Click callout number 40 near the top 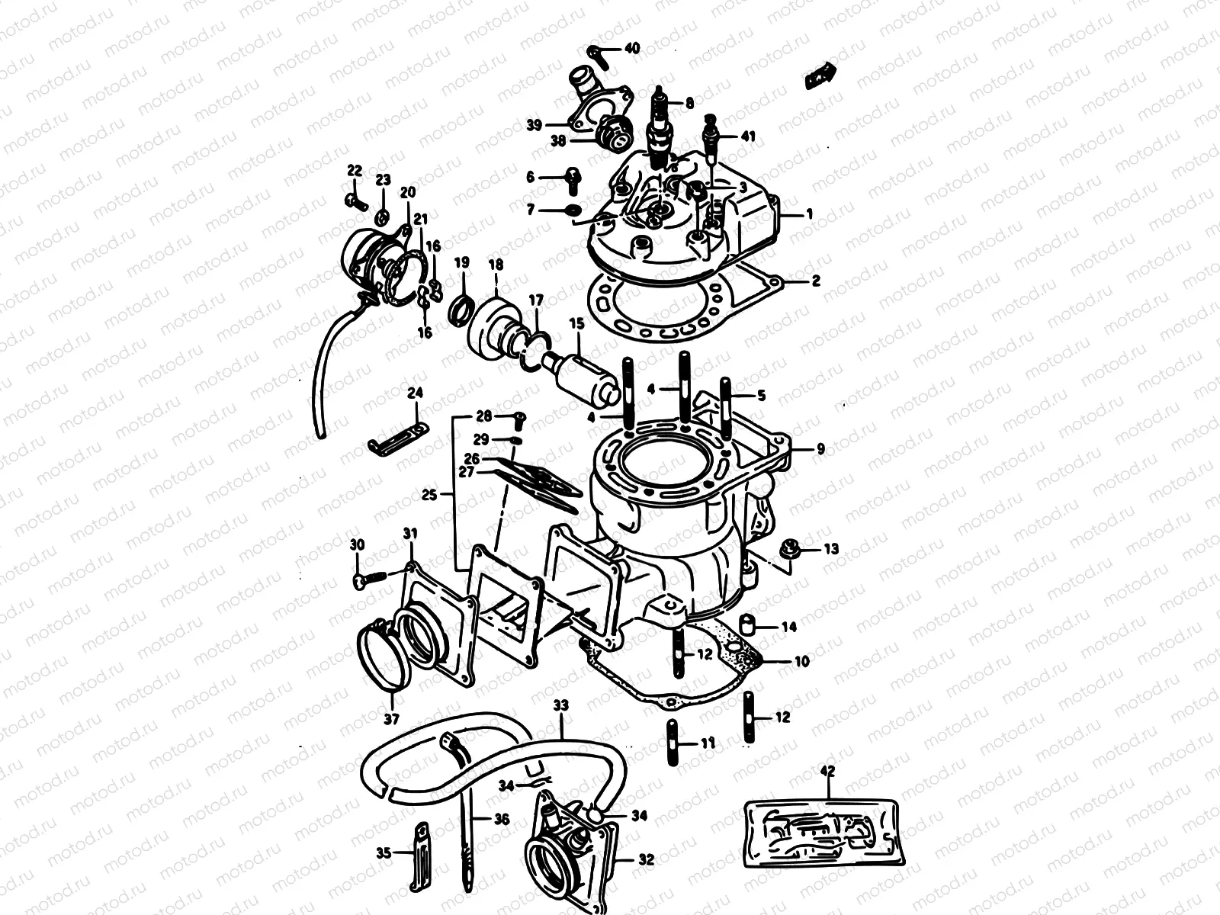(632, 48)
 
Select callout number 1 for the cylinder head (809, 214)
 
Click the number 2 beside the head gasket (815, 281)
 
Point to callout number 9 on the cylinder (820, 449)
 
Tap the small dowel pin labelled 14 (750, 625)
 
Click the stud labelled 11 (673, 742)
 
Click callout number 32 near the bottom (646, 860)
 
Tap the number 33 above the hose (560, 707)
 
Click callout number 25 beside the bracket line (429, 495)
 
